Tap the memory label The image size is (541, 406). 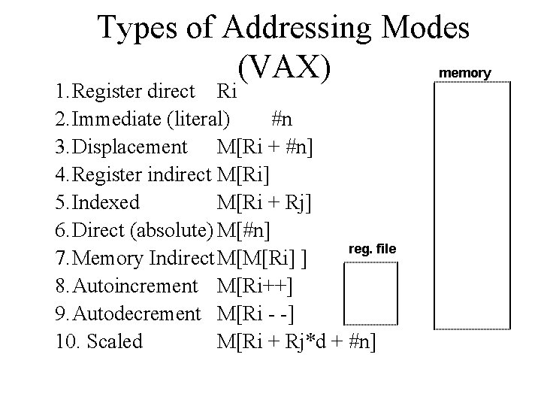point(464,73)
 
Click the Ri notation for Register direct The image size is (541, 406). point(226,92)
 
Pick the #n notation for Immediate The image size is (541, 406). point(283,120)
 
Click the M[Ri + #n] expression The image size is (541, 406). point(270,147)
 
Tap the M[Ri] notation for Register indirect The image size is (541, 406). point(244,175)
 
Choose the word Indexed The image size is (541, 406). point(98,203)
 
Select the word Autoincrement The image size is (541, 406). point(127,286)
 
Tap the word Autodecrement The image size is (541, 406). point(128,314)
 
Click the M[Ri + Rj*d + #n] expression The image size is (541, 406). point(298,341)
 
